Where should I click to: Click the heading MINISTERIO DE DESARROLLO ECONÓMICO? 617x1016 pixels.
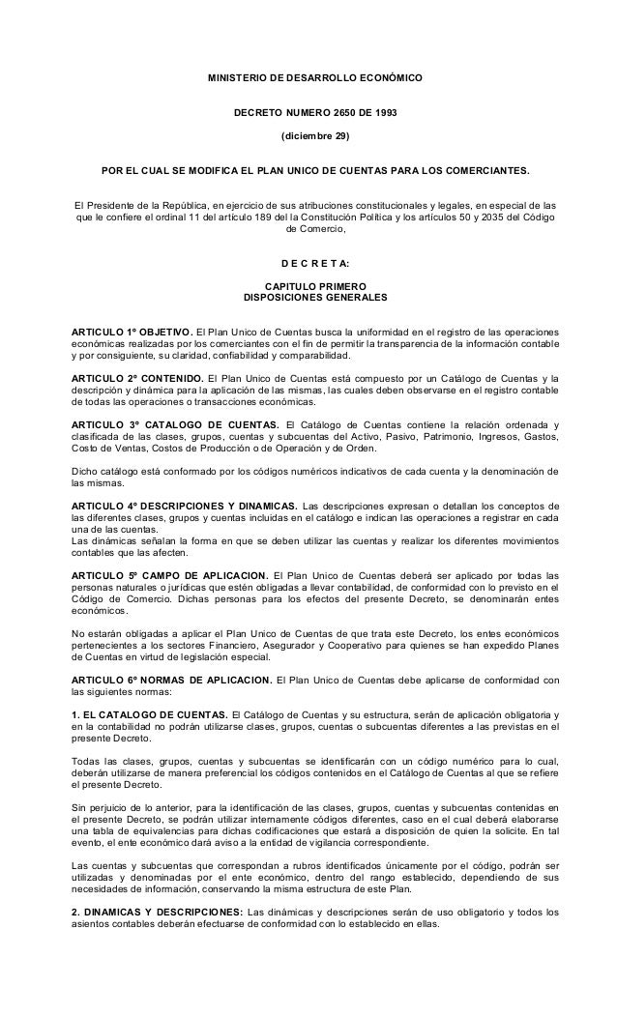pyautogui.click(x=314, y=76)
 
